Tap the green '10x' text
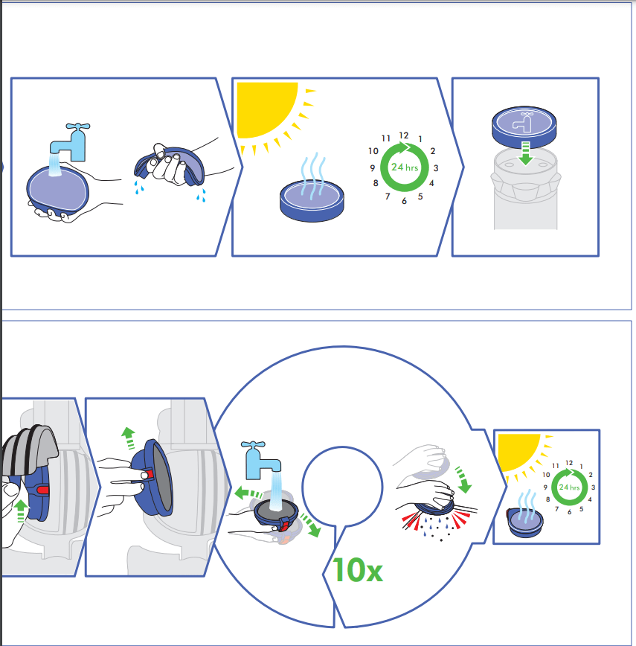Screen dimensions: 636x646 (x=358, y=570)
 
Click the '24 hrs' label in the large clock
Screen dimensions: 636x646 (x=405, y=167)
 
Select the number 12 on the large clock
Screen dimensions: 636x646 (x=404, y=135)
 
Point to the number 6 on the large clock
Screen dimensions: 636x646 (x=404, y=201)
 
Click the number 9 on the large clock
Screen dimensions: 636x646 (x=373, y=168)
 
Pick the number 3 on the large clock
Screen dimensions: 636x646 (x=436, y=168)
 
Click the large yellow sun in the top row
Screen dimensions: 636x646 (x=268, y=110)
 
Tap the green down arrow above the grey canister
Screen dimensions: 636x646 (x=525, y=153)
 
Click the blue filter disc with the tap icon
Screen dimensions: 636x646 (x=524, y=127)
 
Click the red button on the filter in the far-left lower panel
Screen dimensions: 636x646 (x=42, y=490)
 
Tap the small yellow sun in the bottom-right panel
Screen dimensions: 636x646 (x=519, y=452)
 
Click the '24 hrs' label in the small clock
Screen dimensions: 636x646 (x=569, y=487)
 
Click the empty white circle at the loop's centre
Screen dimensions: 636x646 (x=342, y=487)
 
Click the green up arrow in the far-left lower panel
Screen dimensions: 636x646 (x=21, y=511)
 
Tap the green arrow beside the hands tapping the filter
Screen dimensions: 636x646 (x=463, y=479)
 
